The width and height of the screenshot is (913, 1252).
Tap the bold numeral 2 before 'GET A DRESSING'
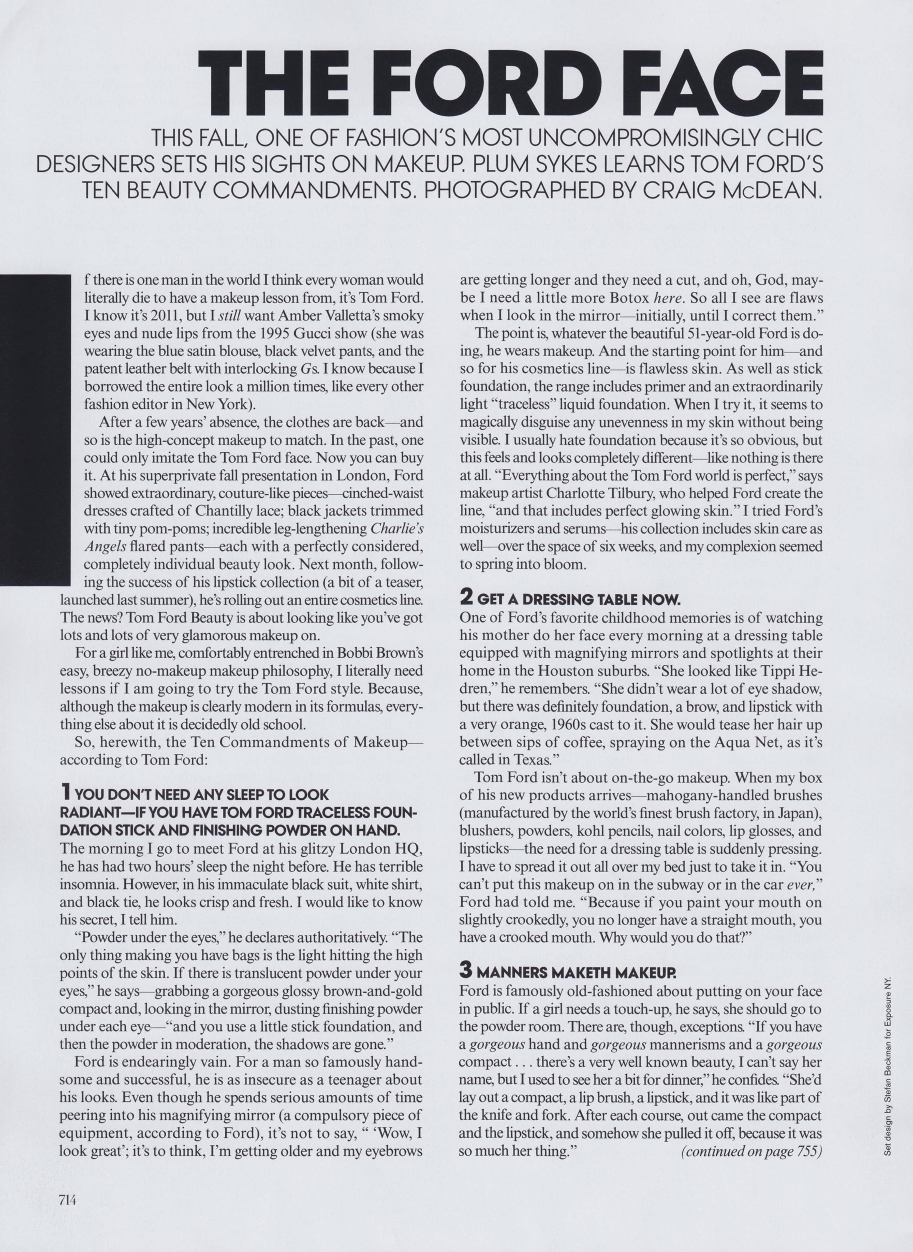click(x=465, y=598)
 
